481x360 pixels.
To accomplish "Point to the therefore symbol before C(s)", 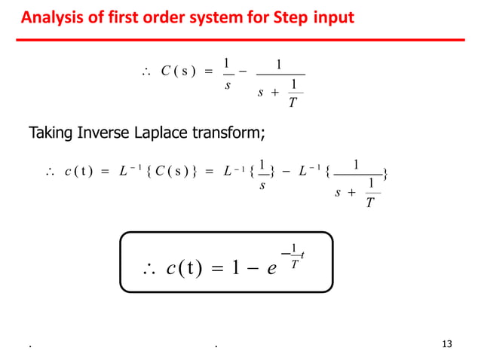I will pos(146,73).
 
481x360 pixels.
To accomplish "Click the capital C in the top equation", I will pos(165,73).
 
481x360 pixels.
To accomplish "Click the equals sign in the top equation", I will pos(209,73).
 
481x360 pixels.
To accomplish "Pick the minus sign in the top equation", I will pos(244,73).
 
